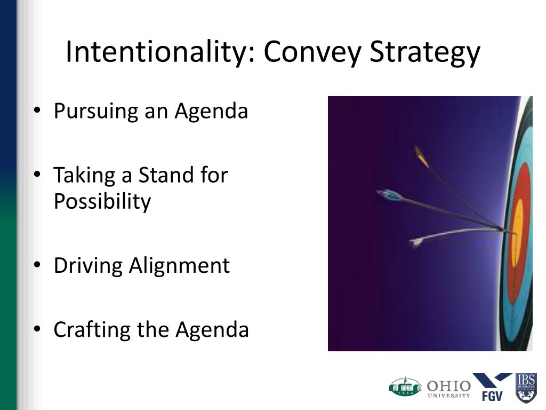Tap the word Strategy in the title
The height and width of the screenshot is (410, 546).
pyautogui.click(x=425, y=53)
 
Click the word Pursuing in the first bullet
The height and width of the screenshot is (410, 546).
pyautogui.click(x=96, y=112)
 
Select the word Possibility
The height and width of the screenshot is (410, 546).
pyautogui.click(x=102, y=201)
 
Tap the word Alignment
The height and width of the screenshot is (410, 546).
pyautogui.click(x=179, y=266)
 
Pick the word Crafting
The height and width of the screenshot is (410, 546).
pyautogui.click(x=92, y=330)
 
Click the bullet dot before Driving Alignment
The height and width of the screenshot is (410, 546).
pyautogui.click(x=37, y=265)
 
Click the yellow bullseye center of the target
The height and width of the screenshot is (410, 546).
pyautogui.click(x=518, y=230)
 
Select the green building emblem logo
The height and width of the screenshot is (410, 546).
pyautogui.click(x=405, y=387)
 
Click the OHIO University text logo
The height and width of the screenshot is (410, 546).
pyautogui.click(x=449, y=389)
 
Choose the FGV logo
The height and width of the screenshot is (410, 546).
pyautogui.click(x=492, y=387)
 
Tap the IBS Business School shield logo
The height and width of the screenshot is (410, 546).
pyautogui.click(x=526, y=388)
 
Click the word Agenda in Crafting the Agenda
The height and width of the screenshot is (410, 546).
pyautogui.click(x=212, y=330)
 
